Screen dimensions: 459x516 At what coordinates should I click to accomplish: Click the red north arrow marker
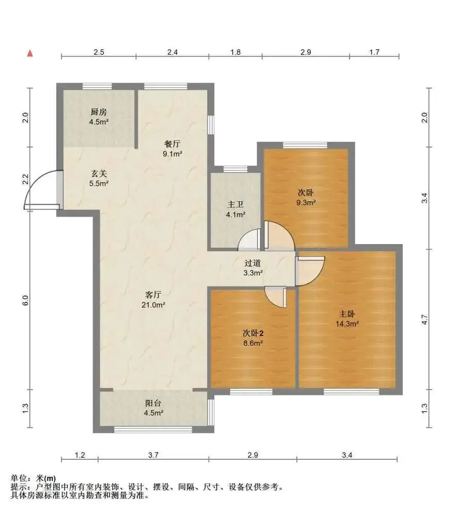coord(30,53)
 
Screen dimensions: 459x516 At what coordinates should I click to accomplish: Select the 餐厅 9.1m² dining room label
coord(172,149)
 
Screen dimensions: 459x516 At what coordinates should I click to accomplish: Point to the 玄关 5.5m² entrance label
coord(99,179)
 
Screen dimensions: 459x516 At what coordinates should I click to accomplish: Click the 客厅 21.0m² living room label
coord(153,300)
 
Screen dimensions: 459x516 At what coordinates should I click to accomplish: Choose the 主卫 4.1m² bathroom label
coord(235,209)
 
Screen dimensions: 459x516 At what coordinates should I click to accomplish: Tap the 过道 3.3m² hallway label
coord(253,268)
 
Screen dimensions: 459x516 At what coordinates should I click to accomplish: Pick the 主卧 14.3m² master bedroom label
coord(347,319)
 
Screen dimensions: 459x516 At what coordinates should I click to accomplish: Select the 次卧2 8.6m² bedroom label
coord(253,338)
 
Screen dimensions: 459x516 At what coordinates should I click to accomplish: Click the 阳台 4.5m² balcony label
coord(153,408)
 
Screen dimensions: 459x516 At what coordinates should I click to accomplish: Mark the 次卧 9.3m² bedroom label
coord(306,198)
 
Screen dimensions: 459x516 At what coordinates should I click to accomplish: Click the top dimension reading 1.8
coord(235,52)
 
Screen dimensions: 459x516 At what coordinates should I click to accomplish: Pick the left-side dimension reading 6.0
coord(26,300)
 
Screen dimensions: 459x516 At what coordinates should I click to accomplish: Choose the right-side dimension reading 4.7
coord(425,319)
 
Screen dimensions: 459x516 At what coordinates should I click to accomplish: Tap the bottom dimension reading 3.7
coord(153,455)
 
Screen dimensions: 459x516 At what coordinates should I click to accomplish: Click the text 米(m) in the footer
coord(46,478)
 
